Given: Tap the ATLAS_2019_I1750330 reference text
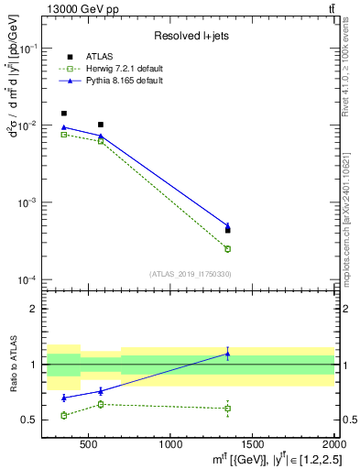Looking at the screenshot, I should pyautogui.click(x=190, y=273).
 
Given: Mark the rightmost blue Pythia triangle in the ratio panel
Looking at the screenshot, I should pyautogui.click(x=228, y=354).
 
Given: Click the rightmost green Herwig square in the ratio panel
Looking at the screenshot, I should pyautogui.click(x=228, y=409).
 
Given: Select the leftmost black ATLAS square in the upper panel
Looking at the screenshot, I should pyautogui.click(x=63, y=114).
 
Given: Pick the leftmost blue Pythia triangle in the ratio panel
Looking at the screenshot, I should pyautogui.click(x=63, y=398).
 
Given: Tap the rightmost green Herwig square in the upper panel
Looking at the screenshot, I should pyautogui.click(x=228, y=248).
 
